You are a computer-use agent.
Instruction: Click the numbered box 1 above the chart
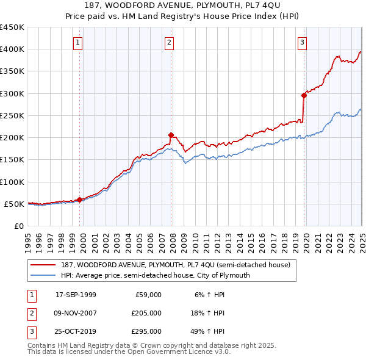pyautogui.click(x=79, y=42)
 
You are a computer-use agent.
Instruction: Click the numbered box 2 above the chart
pyautogui.click(x=169, y=42)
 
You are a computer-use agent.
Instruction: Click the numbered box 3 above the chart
pyautogui.click(x=303, y=42)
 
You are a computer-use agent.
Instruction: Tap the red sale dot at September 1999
pyautogui.click(x=80, y=200)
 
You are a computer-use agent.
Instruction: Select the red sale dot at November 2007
pyautogui.click(x=171, y=135)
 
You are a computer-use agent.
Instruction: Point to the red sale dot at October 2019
pyautogui.click(x=304, y=95)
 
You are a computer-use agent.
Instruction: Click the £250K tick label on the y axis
pyautogui.click(x=12, y=115)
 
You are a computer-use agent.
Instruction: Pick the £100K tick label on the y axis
pyautogui.click(x=12, y=182)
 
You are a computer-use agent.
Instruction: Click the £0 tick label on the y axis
pyautogui.click(x=19, y=226)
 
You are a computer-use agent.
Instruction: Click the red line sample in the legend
pyautogui.click(x=43, y=265)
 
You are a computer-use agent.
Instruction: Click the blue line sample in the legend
pyautogui.click(x=43, y=275)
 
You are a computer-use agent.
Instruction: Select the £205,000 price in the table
pyautogui.click(x=146, y=313)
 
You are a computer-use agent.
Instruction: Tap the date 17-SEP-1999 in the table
pyautogui.click(x=76, y=295)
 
